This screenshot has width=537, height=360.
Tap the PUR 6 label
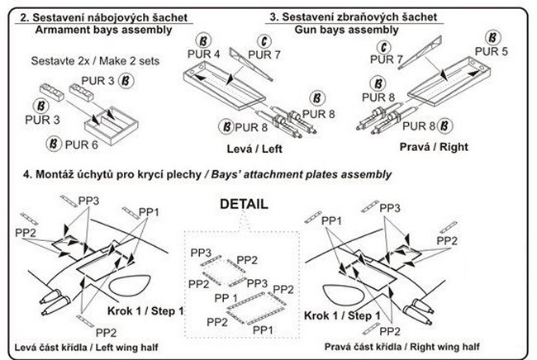coord(82,144)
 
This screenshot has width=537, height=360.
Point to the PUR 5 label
coord(504,52)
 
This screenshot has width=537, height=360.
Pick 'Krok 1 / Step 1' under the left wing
coord(146,310)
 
